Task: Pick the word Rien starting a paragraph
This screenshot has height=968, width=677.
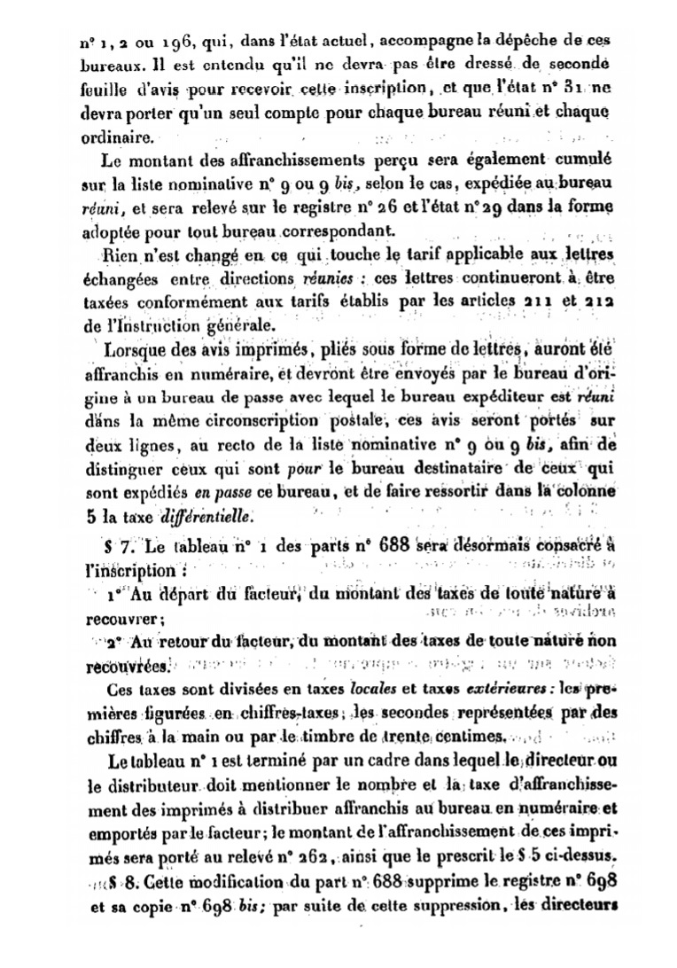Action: point(123,258)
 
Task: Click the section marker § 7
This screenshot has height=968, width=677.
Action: point(114,544)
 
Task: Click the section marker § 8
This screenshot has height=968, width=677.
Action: point(122,880)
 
